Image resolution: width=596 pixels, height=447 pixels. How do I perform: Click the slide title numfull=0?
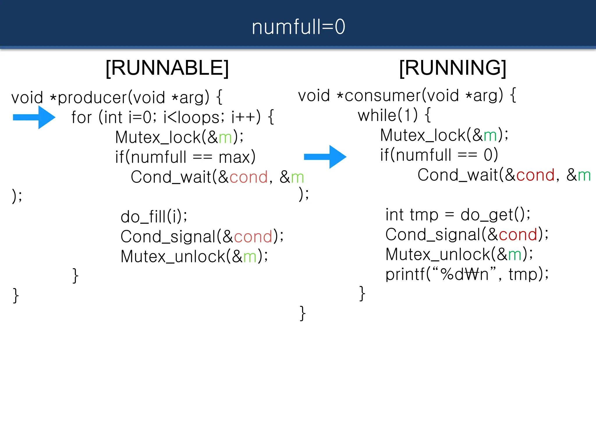click(298, 27)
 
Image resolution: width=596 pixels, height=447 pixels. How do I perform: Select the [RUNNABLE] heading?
click(167, 68)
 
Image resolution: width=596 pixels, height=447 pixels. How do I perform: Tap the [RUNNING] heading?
click(453, 68)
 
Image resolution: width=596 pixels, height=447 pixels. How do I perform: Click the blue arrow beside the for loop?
click(34, 117)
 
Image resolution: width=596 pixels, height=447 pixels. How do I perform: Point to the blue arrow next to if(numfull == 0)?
click(325, 157)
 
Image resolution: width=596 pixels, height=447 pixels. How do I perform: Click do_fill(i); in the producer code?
click(154, 217)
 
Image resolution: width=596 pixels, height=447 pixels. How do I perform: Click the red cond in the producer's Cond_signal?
click(253, 237)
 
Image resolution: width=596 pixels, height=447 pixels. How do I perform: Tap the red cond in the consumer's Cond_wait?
click(535, 175)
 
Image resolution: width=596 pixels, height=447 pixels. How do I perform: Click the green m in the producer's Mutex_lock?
click(225, 137)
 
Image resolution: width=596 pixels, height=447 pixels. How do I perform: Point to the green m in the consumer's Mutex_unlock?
click(515, 255)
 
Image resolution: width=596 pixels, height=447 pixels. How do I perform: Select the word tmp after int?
click(424, 215)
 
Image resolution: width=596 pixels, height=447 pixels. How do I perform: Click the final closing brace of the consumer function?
click(303, 313)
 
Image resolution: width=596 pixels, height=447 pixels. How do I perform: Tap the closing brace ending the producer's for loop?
click(75, 276)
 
